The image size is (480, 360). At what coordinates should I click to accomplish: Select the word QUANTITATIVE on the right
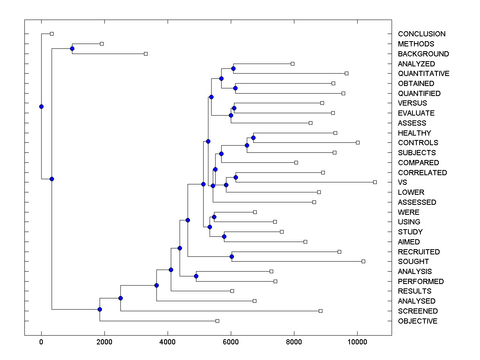424,74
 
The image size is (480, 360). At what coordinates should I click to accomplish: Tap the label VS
402,182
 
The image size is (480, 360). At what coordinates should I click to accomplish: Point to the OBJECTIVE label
418,321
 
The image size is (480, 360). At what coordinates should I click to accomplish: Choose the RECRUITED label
419,252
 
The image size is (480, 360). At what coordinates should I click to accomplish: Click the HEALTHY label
414,133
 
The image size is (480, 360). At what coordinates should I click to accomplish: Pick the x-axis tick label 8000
294,342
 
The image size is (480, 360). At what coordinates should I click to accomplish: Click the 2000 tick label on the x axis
104,342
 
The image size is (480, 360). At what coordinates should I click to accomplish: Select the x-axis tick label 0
41,342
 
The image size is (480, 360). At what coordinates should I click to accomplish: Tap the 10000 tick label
357,342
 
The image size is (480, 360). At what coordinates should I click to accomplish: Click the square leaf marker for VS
375,182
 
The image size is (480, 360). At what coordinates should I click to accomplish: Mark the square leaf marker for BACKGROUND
146,54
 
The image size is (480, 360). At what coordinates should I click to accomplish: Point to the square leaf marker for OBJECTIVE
217,321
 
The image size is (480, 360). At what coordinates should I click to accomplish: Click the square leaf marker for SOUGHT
363,261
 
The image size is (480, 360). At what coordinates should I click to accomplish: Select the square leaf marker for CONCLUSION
52,34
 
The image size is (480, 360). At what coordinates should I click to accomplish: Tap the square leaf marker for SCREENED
320,311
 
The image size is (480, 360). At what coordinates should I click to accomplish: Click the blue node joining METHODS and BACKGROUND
72,49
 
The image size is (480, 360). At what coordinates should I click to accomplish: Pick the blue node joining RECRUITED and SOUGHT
232,256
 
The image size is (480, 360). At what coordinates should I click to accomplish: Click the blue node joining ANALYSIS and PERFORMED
196,276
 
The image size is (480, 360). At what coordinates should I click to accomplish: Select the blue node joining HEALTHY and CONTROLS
253,138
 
